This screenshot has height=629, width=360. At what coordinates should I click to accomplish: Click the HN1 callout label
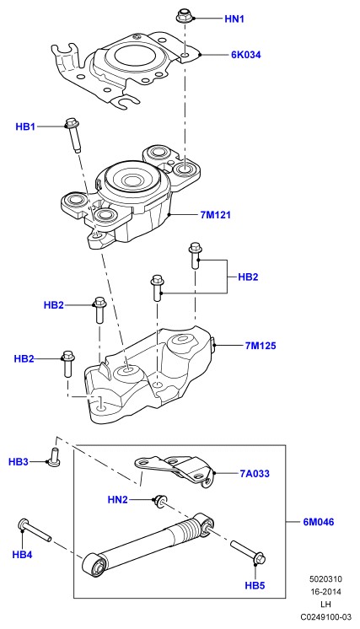coord(234,19)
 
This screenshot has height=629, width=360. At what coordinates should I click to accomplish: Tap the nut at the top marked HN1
coord(185,16)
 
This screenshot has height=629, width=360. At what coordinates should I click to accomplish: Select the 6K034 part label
coord(245,55)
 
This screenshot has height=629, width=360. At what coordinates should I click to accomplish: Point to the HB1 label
coord(25,126)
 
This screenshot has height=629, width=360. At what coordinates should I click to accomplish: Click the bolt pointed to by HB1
coord(73,134)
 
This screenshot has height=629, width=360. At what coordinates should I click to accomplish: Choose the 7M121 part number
coord(216,215)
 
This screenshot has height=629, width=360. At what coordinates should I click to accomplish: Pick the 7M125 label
coord(261,346)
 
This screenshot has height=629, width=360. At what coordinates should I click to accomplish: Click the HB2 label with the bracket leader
coord(248,277)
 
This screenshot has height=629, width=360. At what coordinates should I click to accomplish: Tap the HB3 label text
coord(19,462)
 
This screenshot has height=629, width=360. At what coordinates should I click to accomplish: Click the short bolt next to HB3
coord(53,457)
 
